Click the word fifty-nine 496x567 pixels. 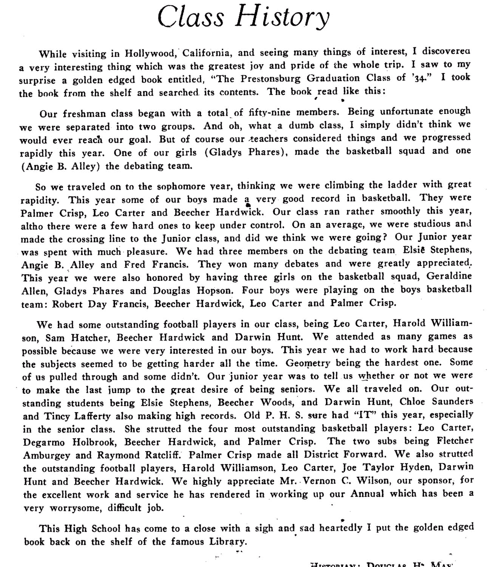[x=269, y=112]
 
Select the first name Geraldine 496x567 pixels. [x=449, y=276]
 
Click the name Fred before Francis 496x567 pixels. [x=135, y=264]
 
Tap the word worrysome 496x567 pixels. [x=71, y=508]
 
